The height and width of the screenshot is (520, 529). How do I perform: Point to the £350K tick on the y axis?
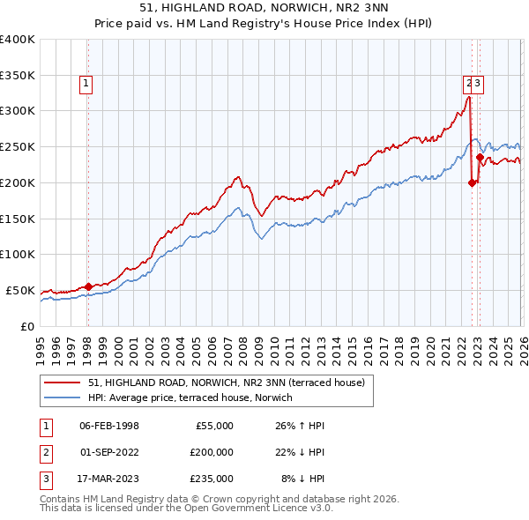pyautogui.click(x=17, y=76)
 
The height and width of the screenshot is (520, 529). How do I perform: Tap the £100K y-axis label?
pyautogui.click(x=17, y=255)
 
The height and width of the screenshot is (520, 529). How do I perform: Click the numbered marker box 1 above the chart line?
pyautogui.click(x=87, y=85)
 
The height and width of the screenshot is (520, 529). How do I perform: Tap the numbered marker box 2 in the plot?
pyautogui.click(x=468, y=85)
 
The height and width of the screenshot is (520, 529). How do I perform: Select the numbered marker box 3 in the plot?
pyautogui.click(x=478, y=85)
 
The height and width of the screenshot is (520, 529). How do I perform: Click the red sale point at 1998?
pyautogui.click(x=88, y=286)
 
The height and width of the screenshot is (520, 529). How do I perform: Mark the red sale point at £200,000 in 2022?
pyautogui.click(x=472, y=182)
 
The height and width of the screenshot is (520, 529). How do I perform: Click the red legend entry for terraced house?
pyautogui.click(x=207, y=382)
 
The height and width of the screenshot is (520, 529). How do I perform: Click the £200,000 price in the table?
pyautogui.click(x=212, y=452)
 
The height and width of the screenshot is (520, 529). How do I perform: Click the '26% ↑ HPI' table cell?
pyautogui.click(x=300, y=426)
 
